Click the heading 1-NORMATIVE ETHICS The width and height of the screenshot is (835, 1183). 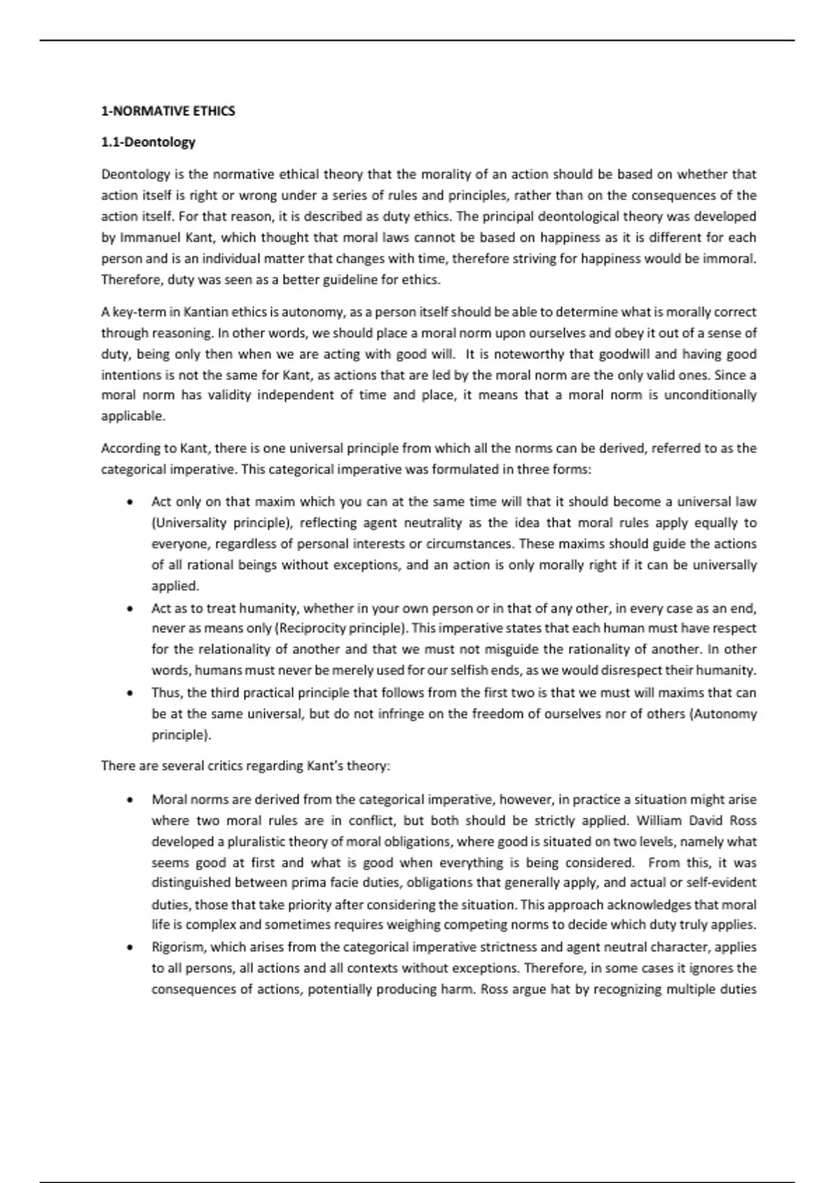pyautogui.click(x=168, y=111)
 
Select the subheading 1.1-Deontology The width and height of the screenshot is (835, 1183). pyautogui.click(x=148, y=142)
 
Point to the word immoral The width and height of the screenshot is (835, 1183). pyautogui.click(x=733, y=259)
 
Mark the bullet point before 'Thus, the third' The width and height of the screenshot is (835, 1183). pyautogui.click(x=129, y=693)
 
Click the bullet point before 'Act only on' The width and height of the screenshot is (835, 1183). pyautogui.click(x=129, y=502)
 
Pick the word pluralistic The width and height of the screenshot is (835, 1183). pyautogui.click(x=239, y=841)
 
